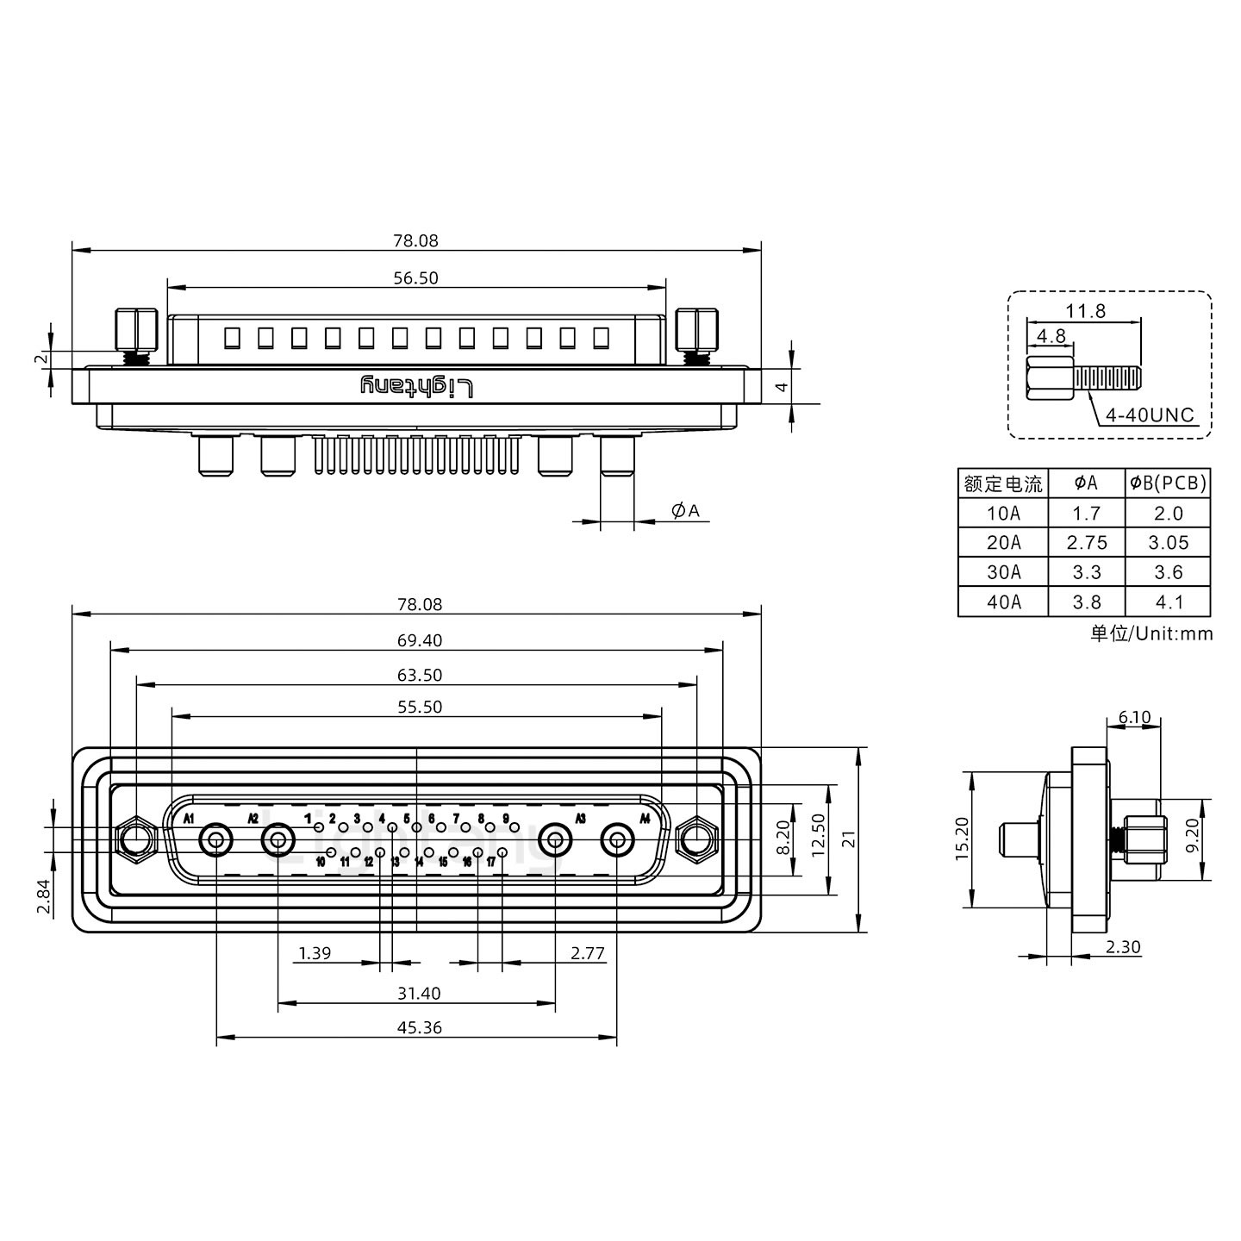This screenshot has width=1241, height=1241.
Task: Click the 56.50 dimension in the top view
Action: (x=416, y=278)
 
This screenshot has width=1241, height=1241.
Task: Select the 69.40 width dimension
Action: (x=420, y=640)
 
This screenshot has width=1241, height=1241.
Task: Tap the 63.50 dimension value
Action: (x=420, y=675)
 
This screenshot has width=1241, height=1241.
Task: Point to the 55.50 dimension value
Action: (x=420, y=707)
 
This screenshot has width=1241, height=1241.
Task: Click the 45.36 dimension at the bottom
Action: (x=420, y=1027)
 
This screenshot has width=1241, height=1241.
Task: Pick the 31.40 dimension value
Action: (x=419, y=994)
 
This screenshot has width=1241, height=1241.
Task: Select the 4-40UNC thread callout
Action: (x=1150, y=415)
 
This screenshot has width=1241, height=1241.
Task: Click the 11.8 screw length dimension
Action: (x=1085, y=311)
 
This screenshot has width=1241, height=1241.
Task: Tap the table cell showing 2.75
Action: (x=1086, y=543)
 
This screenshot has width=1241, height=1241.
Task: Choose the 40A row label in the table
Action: (x=1003, y=602)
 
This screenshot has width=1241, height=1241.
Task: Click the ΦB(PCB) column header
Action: (x=1168, y=483)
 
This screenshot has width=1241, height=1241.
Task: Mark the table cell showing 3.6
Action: (x=1168, y=572)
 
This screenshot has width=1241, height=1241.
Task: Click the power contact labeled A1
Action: (x=215, y=839)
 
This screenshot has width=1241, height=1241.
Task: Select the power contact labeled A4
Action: (x=617, y=839)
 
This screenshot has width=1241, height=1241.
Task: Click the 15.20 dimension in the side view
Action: (x=963, y=839)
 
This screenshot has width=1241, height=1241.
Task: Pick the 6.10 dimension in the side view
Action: (x=1134, y=717)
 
